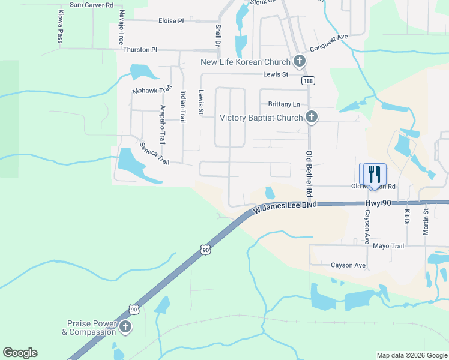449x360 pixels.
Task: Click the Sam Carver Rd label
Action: point(91,5)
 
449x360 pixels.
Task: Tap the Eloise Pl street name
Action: point(171,21)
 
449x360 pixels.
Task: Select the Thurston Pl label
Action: point(139,50)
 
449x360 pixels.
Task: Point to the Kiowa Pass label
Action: point(60,27)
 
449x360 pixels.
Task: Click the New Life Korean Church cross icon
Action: point(299,61)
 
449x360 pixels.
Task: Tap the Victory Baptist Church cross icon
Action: point(311,118)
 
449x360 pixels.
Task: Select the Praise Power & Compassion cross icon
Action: point(125,327)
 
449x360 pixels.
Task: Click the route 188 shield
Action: point(308,81)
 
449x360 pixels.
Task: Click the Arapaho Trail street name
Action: point(163,124)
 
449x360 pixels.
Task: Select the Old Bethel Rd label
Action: point(310,174)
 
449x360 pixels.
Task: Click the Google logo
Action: point(20,353)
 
